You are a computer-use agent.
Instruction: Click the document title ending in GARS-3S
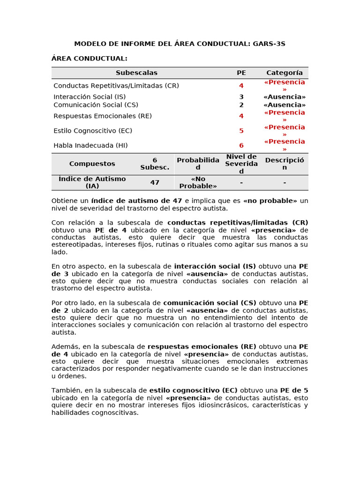point(180,44)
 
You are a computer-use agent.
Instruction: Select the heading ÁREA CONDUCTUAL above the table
point(89,59)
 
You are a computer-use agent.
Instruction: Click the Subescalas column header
point(136,73)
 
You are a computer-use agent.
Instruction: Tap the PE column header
point(241,73)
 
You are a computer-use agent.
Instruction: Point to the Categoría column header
point(284,73)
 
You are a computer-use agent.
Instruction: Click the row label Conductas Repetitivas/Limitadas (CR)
point(116,86)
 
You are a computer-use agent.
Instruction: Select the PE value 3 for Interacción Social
point(241,97)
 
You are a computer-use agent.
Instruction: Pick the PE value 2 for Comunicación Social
point(241,105)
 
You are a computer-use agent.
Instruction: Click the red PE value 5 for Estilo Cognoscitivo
point(241,131)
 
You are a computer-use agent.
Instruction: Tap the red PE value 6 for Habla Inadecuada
point(241,145)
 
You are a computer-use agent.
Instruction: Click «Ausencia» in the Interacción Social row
point(284,97)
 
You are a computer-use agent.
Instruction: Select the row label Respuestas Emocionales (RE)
point(103,116)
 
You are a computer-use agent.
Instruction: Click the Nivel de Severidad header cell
point(241,164)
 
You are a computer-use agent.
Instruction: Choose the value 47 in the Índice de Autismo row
point(155,182)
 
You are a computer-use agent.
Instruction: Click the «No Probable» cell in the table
point(198,182)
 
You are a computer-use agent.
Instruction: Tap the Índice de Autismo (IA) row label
point(92,182)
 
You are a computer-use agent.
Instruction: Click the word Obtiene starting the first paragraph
point(63,201)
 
